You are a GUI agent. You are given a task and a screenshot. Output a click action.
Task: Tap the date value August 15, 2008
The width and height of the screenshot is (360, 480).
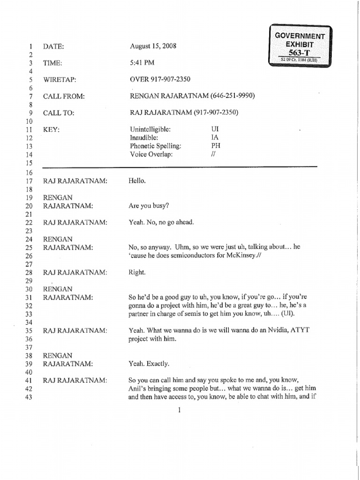click(153, 46)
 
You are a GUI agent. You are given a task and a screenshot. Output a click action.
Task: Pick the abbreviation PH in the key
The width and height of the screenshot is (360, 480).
click(216, 145)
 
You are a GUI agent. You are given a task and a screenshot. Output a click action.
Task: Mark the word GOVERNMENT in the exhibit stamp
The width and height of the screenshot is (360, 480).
click(300, 36)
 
